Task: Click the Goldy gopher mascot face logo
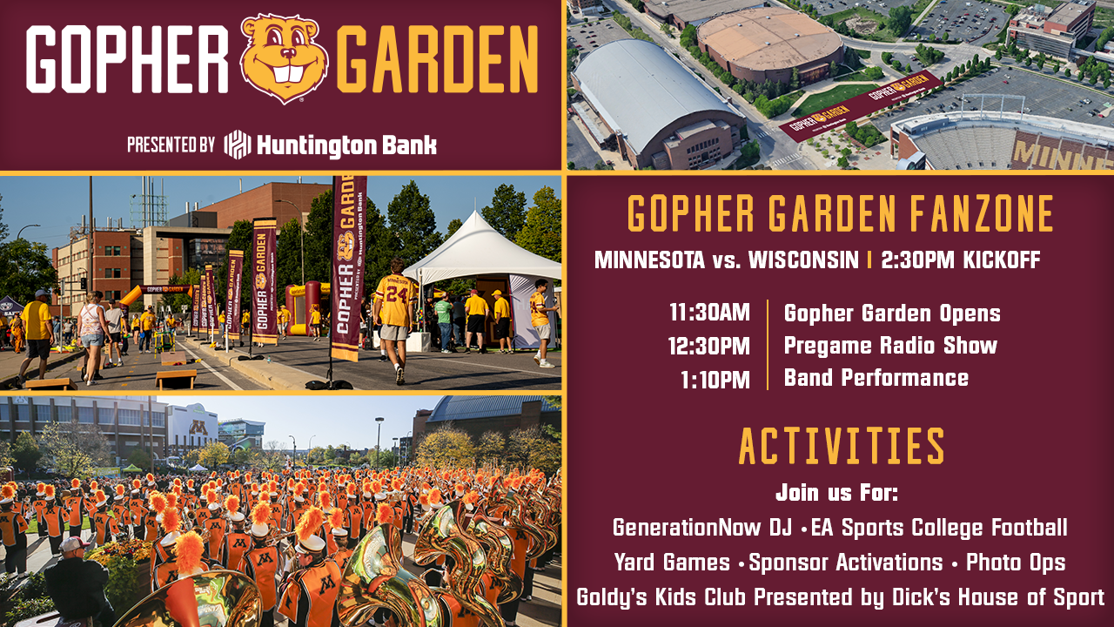[x=284, y=57]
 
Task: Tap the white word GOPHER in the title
[x=127, y=59]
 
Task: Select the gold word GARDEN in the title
[x=437, y=59]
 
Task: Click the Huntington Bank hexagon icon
[x=238, y=145]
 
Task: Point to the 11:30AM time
[x=709, y=313]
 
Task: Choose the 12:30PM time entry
[x=709, y=346]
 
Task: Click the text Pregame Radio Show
[x=890, y=345]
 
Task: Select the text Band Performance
[x=876, y=377]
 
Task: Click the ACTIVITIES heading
[x=842, y=446]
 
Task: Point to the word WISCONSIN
[x=803, y=260]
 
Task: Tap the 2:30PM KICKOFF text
[x=961, y=260]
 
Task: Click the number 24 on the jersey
[x=397, y=295]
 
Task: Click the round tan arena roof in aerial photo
[x=769, y=39]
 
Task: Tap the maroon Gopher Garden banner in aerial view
[x=860, y=105]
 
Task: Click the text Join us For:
[x=837, y=493]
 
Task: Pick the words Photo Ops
[x=1016, y=563]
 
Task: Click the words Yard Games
[x=672, y=563]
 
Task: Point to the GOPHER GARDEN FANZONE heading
[x=841, y=213]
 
